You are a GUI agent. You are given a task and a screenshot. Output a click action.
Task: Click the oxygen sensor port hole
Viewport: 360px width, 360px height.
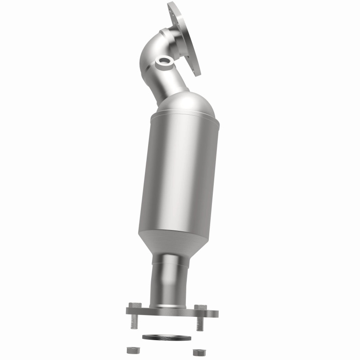tap(163, 60)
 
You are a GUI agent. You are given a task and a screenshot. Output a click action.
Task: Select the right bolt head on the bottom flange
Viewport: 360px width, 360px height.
tap(201, 307)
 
